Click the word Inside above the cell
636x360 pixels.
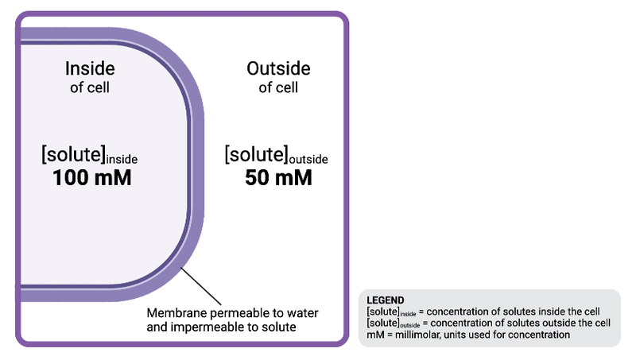point(90,68)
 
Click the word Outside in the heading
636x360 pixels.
point(278,68)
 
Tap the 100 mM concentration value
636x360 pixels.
point(91,178)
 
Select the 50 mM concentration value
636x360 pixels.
point(277,178)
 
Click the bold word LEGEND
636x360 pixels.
point(386,300)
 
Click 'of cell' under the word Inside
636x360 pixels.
point(90,87)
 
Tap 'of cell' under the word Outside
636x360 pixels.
point(278,87)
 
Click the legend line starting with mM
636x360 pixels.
point(468,335)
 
